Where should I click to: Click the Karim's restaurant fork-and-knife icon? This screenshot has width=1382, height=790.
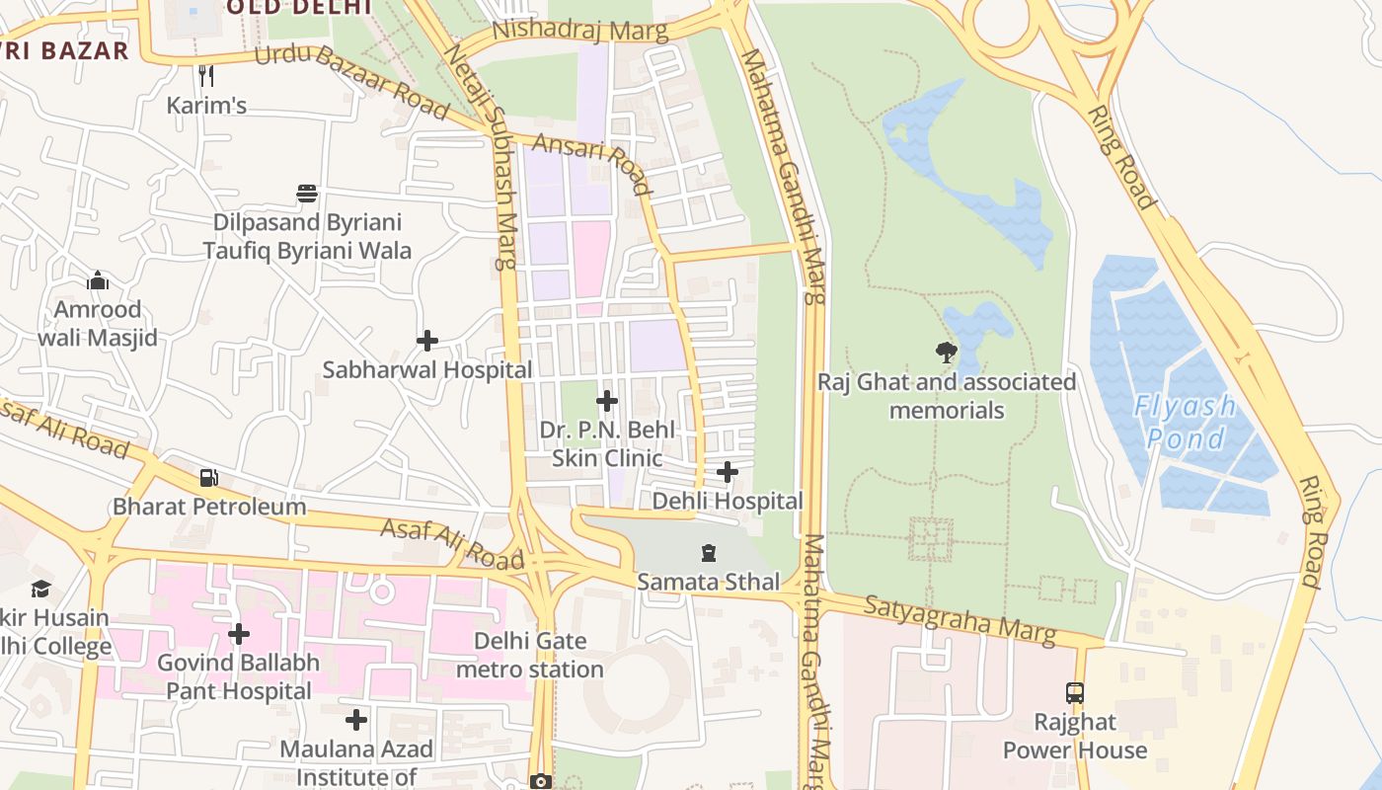point(205,75)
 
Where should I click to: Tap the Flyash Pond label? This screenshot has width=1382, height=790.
point(1184,422)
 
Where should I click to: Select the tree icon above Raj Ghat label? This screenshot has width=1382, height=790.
point(946,352)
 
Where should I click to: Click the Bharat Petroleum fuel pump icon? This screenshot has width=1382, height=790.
point(209,478)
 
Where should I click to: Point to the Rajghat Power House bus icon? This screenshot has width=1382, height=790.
point(1075,693)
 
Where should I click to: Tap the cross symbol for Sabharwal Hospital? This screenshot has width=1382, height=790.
point(426,341)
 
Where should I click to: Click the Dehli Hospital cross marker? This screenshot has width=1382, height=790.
point(728,472)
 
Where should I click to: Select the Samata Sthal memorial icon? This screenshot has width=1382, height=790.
point(708,553)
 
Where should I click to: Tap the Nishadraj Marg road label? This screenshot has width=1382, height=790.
point(579,30)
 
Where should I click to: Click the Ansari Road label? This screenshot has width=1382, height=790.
point(592,164)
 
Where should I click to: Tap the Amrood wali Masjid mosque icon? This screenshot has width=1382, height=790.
point(97,281)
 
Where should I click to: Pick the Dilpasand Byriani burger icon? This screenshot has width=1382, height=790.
point(307,193)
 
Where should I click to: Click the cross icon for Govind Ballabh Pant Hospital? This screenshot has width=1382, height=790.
point(238,633)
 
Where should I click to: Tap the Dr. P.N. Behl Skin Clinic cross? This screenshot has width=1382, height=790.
point(607,401)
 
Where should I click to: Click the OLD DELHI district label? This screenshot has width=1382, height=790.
point(298,7)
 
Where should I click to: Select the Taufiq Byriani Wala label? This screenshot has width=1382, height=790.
point(307,251)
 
